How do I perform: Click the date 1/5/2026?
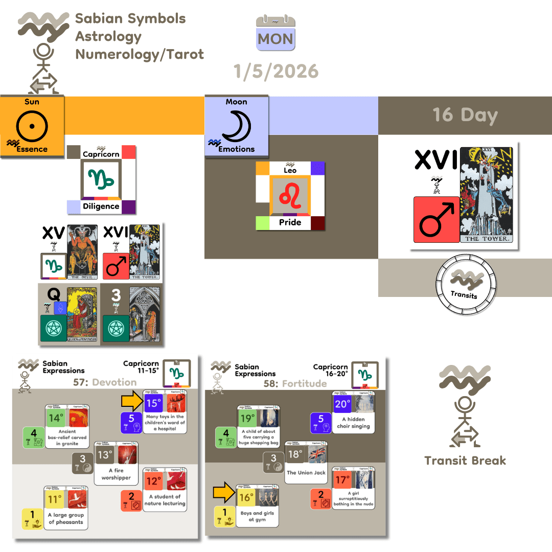tap(276, 71)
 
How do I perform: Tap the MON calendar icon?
tap(276, 33)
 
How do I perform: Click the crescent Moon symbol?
tap(236, 125)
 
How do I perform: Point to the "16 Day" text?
tap(465, 115)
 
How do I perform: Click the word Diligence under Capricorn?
tap(101, 206)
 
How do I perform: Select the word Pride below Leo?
tap(290, 223)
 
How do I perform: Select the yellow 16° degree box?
tap(246, 496)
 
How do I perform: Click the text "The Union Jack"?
tap(306, 473)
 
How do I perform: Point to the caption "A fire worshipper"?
tap(116, 474)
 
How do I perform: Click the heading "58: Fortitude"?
tap(295, 383)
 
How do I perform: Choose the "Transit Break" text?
tap(465, 461)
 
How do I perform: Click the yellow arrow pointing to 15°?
tap(131, 402)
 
